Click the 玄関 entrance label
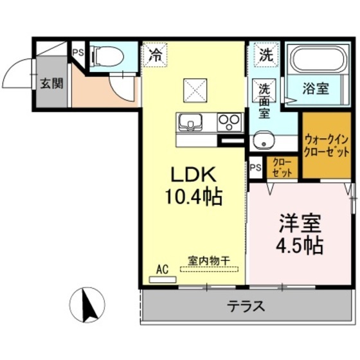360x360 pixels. coord(51,84)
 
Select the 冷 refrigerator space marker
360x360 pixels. coord(155,55)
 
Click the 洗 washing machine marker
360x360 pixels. coord(265,55)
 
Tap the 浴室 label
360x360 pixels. coord(316,89)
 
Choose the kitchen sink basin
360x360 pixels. coord(191,122)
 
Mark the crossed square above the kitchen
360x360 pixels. coord(194,89)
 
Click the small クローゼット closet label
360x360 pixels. coord(282,168)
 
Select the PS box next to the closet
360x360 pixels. coord(256,167)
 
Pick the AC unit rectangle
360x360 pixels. coord(163,279)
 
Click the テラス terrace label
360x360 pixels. coord(246,305)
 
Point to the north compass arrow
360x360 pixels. coord(90,304)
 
